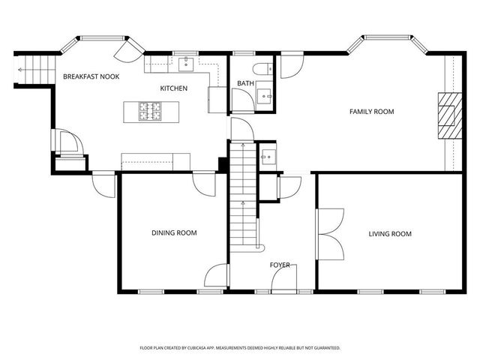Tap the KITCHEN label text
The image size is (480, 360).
pos(173,88)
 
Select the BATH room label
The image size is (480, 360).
pos(245,83)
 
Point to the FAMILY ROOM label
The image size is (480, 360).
pos(371,112)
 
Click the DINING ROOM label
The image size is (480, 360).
pos(174,233)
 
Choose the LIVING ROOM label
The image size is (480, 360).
pos(390,234)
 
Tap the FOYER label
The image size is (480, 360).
pos(280,265)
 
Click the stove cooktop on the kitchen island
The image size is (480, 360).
pos(148,112)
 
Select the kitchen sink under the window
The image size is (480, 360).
pos(184,64)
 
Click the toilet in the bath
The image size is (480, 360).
pos(260,70)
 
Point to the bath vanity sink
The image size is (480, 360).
pos(265,95)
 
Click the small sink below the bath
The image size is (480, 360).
pos(267,157)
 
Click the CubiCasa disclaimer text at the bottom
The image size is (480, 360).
pos(240,348)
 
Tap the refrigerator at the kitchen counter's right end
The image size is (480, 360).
pos(217,99)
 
